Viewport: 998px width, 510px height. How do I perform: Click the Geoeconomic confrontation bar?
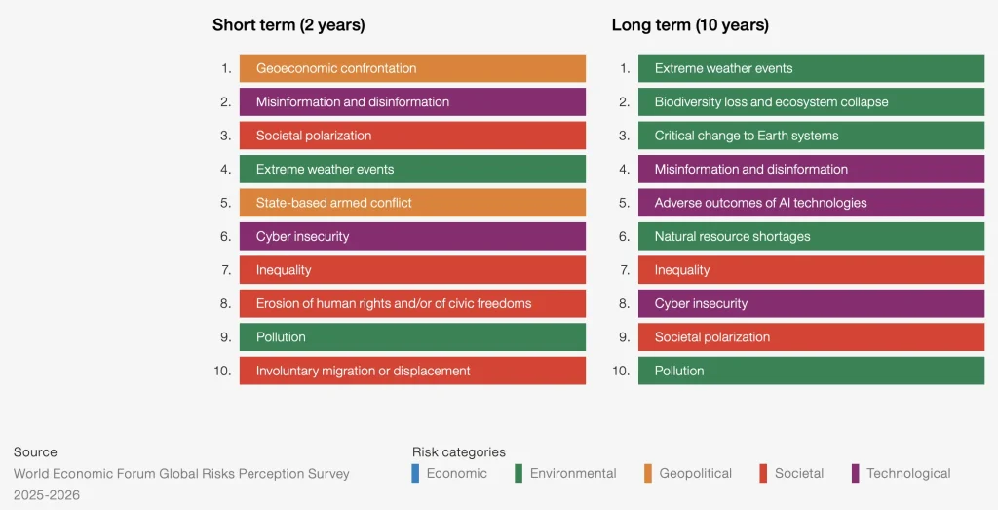coord(412,68)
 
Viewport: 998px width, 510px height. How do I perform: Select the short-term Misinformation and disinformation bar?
coord(412,102)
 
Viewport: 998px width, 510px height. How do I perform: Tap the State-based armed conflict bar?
coord(412,203)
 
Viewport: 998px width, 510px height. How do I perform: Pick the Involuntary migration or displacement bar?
coord(412,371)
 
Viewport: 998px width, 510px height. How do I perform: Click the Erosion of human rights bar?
coord(412,303)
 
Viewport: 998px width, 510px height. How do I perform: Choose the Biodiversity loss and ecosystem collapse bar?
coord(811,102)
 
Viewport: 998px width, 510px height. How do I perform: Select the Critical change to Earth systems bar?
coord(811,136)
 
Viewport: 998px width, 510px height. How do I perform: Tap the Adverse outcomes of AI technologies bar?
coord(811,203)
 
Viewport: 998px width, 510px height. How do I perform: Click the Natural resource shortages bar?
coord(811,236)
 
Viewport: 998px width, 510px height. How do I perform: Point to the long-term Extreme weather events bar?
coord(811,68)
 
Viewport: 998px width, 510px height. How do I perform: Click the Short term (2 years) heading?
coord(288,25)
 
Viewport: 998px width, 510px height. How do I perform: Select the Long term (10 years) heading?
coord(690,25)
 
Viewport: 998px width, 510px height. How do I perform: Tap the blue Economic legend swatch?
coord(416,474)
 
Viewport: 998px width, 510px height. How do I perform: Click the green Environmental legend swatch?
coord(518,474)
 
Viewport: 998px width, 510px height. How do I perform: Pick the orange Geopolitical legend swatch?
coord(648,474)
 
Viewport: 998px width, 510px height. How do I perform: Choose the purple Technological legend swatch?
coord(855,474)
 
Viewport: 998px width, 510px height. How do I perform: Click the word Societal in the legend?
coord(799,474)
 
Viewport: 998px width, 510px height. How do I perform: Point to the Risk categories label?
coord(459,452)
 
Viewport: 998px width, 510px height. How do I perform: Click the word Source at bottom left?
coord(35,452)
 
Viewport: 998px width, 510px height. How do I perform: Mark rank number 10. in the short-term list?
coord(222,371)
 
